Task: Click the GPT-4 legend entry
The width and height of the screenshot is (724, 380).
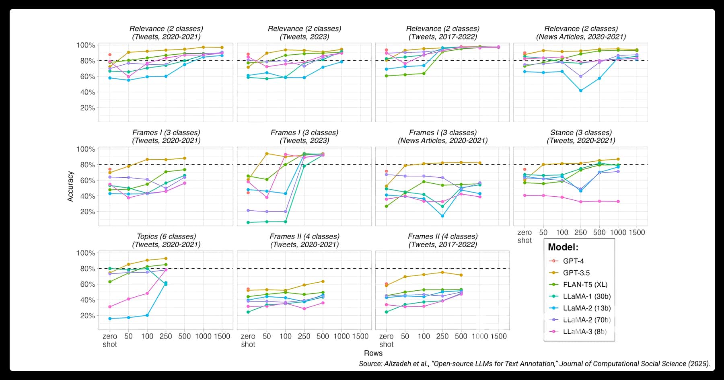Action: (x=573, y=261)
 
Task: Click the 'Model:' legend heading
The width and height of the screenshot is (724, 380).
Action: (x=563, y=247)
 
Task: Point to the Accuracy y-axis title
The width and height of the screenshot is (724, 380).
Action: (x=70, y=186)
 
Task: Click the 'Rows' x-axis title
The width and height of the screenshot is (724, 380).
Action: (x=373, y=353)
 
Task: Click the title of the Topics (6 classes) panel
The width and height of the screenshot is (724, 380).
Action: (x=166, y=240)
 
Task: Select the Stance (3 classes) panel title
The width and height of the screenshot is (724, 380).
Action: (x=581, y=136)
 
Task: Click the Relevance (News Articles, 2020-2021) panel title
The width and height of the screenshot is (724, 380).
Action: (x=581, y=33)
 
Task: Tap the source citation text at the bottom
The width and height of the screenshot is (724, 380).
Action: (x=534, y=364)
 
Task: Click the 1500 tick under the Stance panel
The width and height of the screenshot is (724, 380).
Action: (x=637, y=232)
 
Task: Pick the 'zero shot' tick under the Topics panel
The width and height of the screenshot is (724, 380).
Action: (x=110, y=340)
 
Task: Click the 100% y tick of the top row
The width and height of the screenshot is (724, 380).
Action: (x=86, y=45)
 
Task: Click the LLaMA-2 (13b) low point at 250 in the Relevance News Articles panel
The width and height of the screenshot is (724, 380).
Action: (x=580, y=90)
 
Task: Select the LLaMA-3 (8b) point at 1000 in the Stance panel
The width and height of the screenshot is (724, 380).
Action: (x=618, y=201)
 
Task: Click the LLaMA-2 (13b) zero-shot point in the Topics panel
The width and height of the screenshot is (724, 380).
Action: (x=110, y=318)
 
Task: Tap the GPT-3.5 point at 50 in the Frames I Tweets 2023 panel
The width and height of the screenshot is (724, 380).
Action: (x=267, y=154)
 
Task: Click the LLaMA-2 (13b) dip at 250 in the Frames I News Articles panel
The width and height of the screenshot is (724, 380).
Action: (x=442, y=216)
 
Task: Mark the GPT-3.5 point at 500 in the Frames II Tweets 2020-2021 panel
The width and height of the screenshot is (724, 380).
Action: (x=323, y=281)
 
